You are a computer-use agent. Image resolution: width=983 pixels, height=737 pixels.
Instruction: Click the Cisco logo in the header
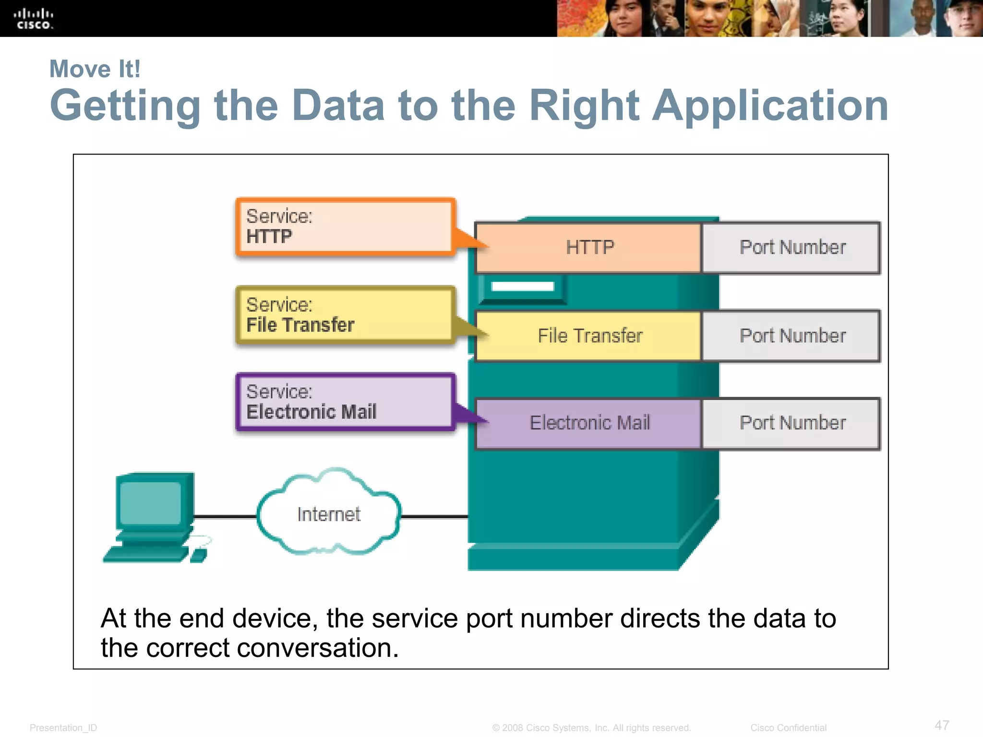tap(33, 19)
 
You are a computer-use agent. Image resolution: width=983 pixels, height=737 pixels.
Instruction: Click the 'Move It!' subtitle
tap(95, 69)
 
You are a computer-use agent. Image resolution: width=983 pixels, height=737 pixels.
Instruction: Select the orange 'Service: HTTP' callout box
tap(345, 226)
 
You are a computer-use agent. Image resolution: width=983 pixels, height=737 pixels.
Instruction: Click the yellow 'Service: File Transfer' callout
tap(345, 315)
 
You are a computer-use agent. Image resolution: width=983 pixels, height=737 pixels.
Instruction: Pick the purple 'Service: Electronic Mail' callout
tap(345, 402)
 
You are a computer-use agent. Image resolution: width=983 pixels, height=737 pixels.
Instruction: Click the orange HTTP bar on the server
tap(588, 248)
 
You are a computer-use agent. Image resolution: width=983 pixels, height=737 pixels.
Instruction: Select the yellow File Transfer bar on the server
tap(589, 336)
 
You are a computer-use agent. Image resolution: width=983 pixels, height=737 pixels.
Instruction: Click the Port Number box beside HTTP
tap(792, 248)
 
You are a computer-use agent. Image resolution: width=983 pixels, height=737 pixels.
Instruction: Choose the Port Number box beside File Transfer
tap(792, 336)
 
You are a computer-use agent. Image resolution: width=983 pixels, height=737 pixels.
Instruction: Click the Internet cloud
tap(329, 513)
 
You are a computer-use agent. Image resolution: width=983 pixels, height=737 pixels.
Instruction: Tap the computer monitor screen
tap(151, 503)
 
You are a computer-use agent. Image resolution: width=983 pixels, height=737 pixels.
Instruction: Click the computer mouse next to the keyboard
tap(198, 556)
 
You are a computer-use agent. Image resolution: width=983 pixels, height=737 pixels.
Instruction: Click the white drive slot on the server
tap(522, 287)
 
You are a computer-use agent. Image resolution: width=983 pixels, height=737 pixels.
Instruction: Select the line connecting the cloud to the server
tap(434, 517)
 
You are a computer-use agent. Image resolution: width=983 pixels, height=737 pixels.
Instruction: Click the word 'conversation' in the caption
tap(317, 648)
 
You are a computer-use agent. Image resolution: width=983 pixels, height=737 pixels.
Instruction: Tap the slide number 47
tap(942, 725)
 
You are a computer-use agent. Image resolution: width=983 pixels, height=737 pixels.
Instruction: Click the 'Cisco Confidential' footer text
tap(788, 728)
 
